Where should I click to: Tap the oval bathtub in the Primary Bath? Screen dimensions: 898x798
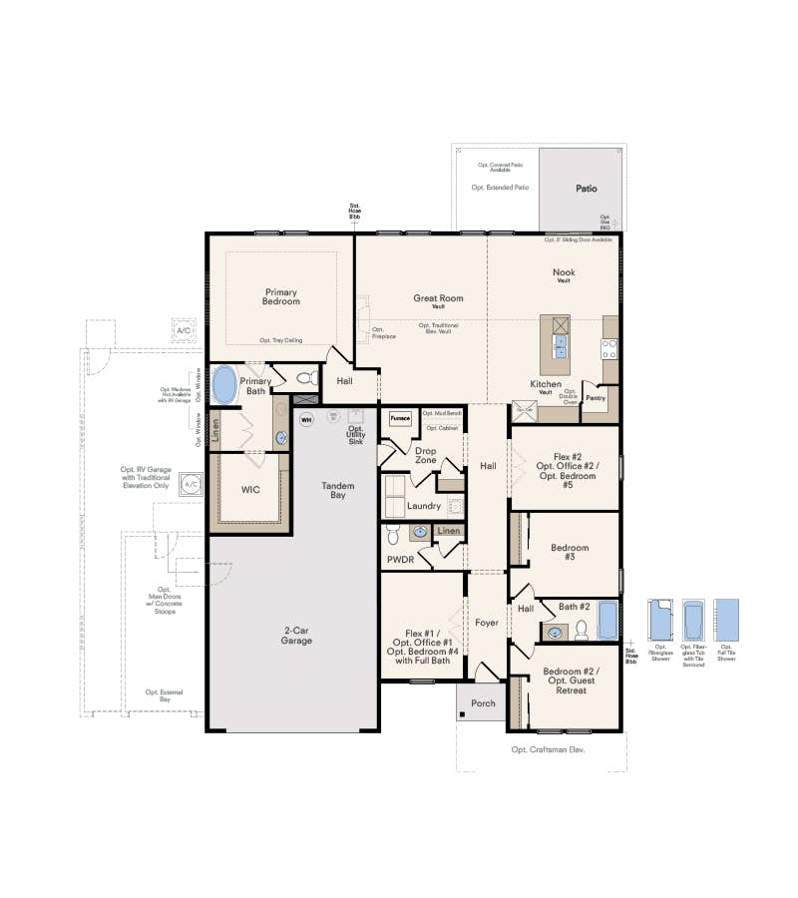click(x=224, y=383)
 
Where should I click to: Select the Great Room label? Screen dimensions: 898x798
click(x=439, y=299)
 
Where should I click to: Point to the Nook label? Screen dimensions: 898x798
click(x=564, y=272)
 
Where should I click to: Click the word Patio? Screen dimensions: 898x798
click(x=586, y=188)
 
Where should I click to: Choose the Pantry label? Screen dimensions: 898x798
click(x=596, y=398)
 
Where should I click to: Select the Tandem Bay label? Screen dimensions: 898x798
click(x=338, y=490)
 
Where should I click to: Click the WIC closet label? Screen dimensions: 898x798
click(x=251, y=491)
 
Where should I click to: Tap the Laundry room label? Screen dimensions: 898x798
click(x=424, y=506)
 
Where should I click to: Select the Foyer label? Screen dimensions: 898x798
click(x=486, y=623)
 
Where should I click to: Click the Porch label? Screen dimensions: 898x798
click(x=483, y=703)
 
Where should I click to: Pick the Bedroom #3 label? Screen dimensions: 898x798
click(x=570, y=552)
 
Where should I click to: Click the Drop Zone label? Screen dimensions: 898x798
click(x=425, y=455)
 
